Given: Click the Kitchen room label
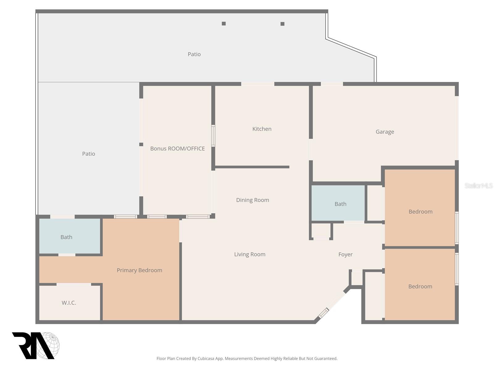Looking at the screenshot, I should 262,129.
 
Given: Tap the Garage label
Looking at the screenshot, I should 385,132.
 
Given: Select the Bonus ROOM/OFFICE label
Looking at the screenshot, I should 178,149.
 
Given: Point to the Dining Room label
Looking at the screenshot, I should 253,200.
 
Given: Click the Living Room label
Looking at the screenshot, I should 249,254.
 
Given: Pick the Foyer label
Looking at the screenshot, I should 345,254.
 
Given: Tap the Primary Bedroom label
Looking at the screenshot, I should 139,270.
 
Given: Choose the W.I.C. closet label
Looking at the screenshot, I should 69,303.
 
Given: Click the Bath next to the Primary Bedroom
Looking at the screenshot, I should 66,237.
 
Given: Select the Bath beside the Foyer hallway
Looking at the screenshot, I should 340,204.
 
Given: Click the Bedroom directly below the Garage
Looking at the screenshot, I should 420,212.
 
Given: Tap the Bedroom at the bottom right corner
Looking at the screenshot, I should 420,287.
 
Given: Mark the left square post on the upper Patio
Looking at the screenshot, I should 224,23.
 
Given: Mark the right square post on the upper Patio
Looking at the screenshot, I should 282,24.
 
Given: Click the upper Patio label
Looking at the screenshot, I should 194,54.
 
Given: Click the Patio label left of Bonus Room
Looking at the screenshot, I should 89,154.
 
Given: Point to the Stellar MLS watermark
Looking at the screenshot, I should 478,185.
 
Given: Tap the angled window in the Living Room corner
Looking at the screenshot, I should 323,313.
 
